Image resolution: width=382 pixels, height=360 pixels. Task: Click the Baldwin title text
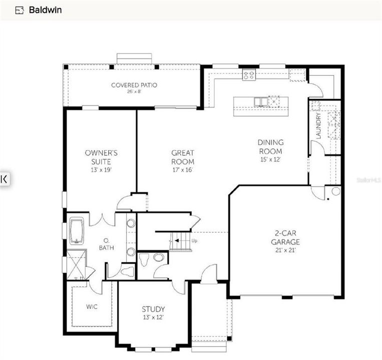[46, 9]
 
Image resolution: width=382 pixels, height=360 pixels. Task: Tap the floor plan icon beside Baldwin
[20, 9]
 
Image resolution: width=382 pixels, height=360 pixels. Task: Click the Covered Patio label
[134, 85]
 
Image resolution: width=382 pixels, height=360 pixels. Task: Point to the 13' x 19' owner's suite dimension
[101, 170]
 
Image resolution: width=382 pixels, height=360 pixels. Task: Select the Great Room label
[183, 157]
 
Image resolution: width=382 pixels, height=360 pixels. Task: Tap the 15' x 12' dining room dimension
[270, 159]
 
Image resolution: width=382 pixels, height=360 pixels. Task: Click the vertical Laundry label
[318, 125]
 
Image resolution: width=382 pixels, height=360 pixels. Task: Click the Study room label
[153, 309]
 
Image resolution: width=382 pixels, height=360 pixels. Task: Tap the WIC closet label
[92, 306]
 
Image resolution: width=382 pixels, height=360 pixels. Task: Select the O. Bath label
[104, 244]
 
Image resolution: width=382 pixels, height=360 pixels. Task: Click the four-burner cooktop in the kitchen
[249, 75]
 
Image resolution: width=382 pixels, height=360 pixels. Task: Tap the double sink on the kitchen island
[260, 101]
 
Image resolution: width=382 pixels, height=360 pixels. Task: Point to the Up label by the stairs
[195, 241]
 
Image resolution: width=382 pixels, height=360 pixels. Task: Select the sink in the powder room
[158, 257]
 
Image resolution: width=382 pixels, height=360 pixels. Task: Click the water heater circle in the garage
[336, 191]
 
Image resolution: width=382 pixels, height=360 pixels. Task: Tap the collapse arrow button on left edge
[4, 178]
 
